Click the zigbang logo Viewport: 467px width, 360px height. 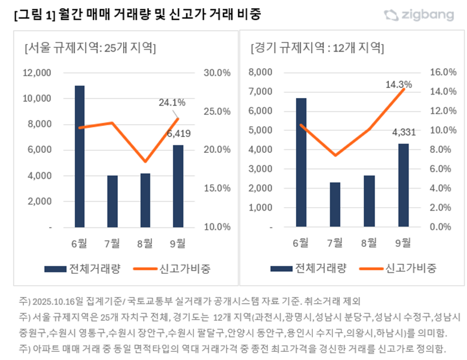tap(419, 15)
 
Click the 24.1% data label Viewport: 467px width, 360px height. tap(172, 103)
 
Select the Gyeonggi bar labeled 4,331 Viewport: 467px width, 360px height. tap(403, 185)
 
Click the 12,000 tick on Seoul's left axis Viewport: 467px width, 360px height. tap(37, 73)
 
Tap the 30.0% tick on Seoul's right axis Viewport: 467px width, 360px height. tap(217, 73)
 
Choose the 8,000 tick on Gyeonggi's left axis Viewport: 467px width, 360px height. tap(261, 72)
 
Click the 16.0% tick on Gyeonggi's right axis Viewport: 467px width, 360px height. tap(442, 72)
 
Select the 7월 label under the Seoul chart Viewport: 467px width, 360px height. tap(112, 243)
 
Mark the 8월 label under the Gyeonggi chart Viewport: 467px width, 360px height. tap(369, 243)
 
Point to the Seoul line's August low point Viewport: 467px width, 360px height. tap(145, 162)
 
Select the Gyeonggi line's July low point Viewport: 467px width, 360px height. tap(335, 155)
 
